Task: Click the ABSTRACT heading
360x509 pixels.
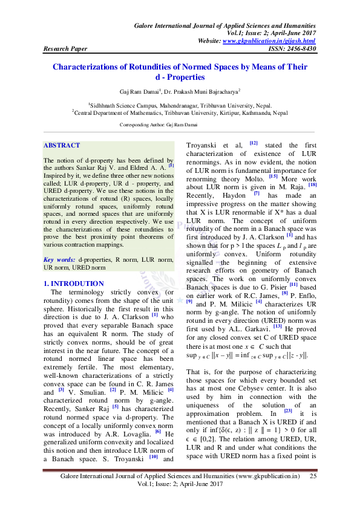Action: pos(62,146)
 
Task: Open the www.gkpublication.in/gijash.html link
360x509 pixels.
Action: pos(269,40)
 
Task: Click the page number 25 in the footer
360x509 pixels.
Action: pos(313,477)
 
